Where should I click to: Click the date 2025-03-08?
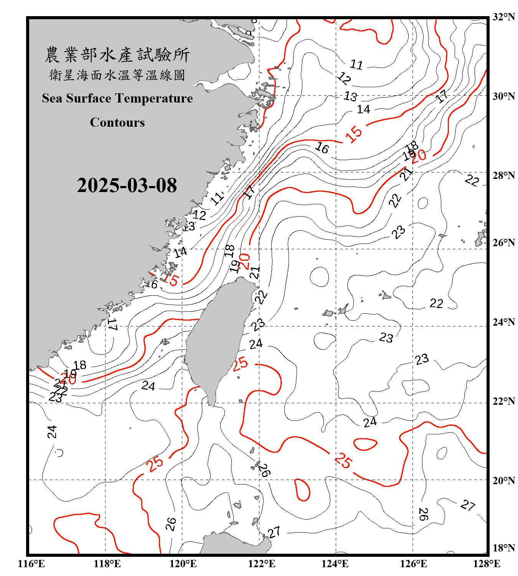pyautogui.click(x=127, y=185)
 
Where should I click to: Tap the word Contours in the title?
pyautogui.click(x=117, y=122)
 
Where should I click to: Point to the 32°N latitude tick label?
pyautogui.click(x=503, y=17)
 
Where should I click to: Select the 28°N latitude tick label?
pyautogui.click(x=503, y=175)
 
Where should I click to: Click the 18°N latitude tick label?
pyautogui.click(x=503, y=548)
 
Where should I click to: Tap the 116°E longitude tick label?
pyautogui.click(x=31, y=564)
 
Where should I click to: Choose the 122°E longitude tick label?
pyautogui.click(x=262, y=564)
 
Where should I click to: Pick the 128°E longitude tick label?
pyautogui.click(x=487, y=564)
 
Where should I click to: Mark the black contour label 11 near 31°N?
pyautogui.click(x=356, y=65)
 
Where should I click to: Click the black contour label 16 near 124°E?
pyautogui.click(x=322, y=147)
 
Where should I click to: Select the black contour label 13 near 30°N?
pyautogui.click(x=350, y=96)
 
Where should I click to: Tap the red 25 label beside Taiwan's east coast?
pyautogui.click(x=240, y=363)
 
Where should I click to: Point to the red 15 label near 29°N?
pyautogui.click(x=353, y=134)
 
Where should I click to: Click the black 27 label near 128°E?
pyautogui.click(x=468, y=505)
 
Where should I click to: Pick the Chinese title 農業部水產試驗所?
pyautogui.click(x=117, y=55)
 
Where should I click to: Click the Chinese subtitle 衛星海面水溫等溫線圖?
pyautogui.click(x=117, y=75)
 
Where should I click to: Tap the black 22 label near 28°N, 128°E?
pyautogui.click(x=472, y=180)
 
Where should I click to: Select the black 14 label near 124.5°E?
pyautogui.click(x=363, y=109)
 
